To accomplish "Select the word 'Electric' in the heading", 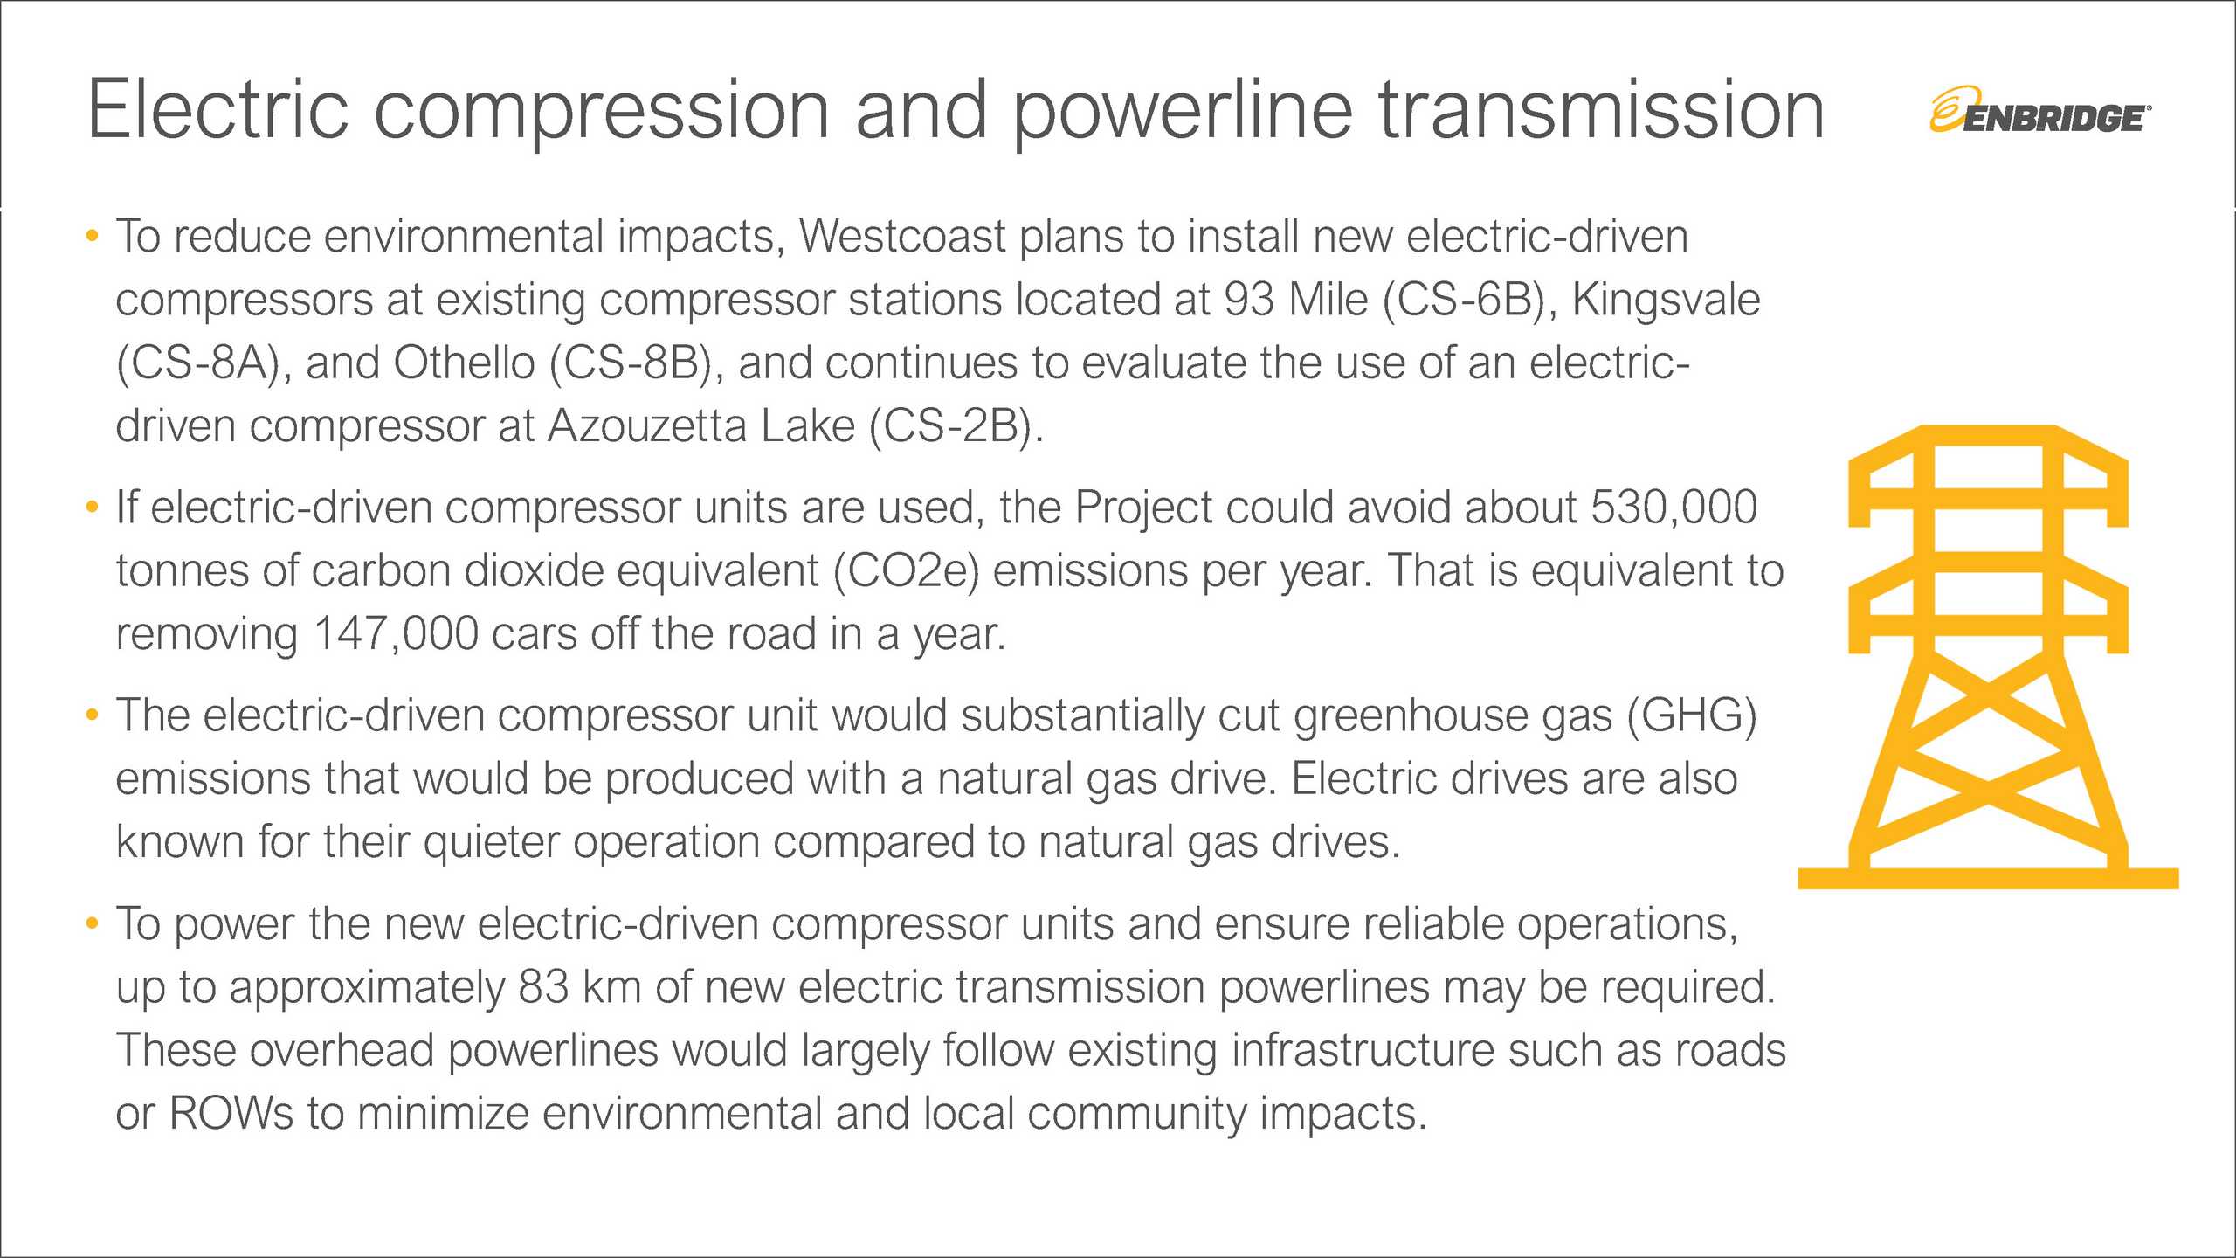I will tap(217, 111).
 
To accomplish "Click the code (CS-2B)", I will tap(956, 426).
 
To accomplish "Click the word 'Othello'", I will tap(464, 363).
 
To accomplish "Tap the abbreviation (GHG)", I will tap(1691, 715).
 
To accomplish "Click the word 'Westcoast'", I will tap(902, 236).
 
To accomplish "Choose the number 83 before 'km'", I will tap(543, 987).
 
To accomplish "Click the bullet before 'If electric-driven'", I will tap(93, 508).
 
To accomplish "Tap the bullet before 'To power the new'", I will tap(93, 923).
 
